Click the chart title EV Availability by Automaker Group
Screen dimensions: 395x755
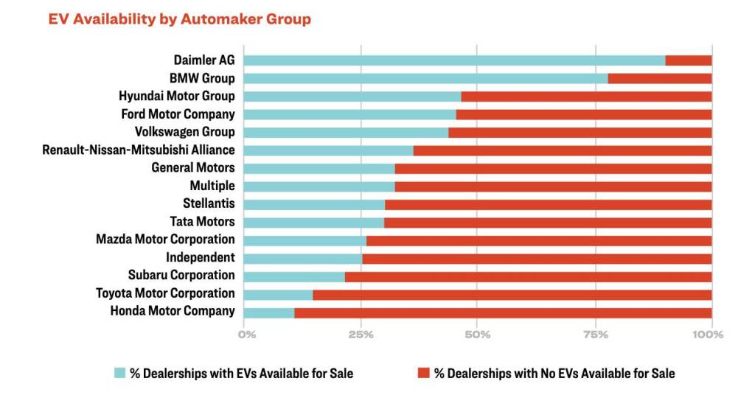point(179,20)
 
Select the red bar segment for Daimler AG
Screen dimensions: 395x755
point(689,60)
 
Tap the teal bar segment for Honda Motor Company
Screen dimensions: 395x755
point(269,312)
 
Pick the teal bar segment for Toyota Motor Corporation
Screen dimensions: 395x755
point(278,294)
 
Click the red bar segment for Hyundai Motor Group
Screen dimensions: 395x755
point(586,97)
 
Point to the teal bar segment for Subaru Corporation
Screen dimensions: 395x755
point(294,276)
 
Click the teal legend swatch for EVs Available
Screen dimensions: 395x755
point(119,373)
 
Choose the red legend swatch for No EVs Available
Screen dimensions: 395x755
point(423,373)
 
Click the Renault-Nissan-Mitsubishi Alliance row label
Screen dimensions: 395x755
point(139,150)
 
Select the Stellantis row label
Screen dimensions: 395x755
point(209,204)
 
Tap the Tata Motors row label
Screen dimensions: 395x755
point(203,222)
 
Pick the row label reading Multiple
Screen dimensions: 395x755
point(212,186)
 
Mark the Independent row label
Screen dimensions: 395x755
point(201,258)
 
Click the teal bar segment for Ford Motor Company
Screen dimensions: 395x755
point(349,114)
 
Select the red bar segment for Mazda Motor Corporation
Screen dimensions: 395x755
point(539,240)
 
